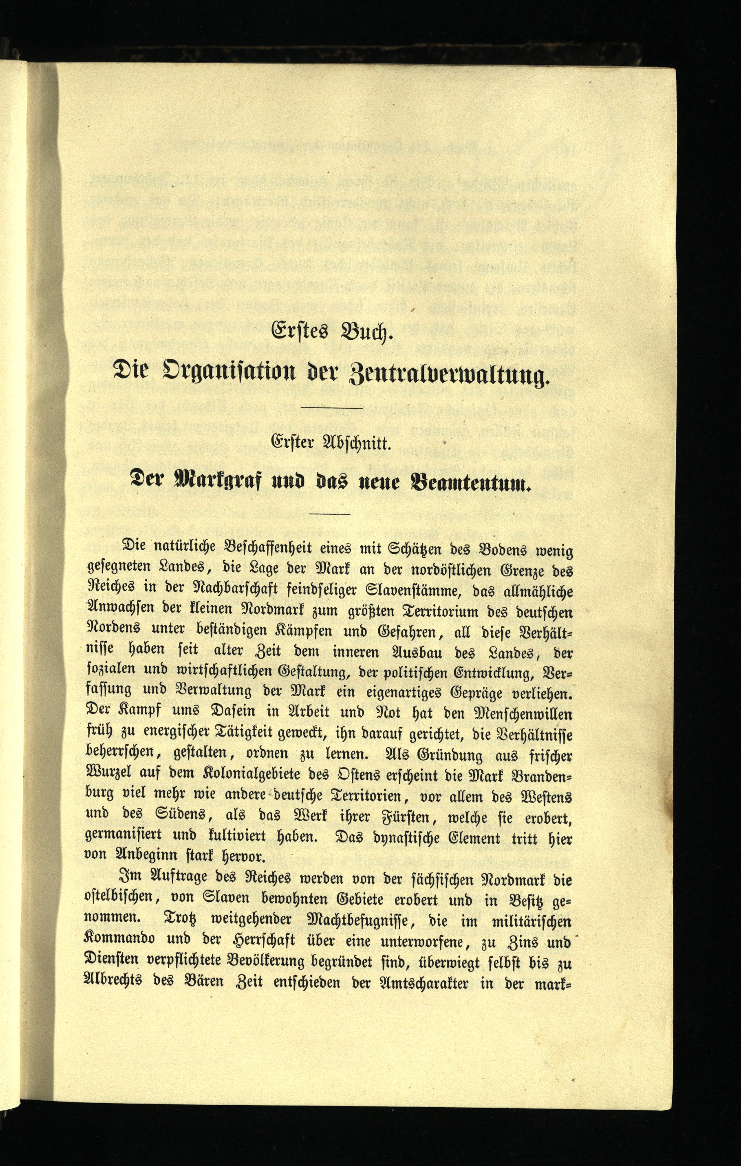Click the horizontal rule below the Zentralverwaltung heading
point(331,409)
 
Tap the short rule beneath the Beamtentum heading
point(331,514)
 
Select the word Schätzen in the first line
point(413,551)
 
